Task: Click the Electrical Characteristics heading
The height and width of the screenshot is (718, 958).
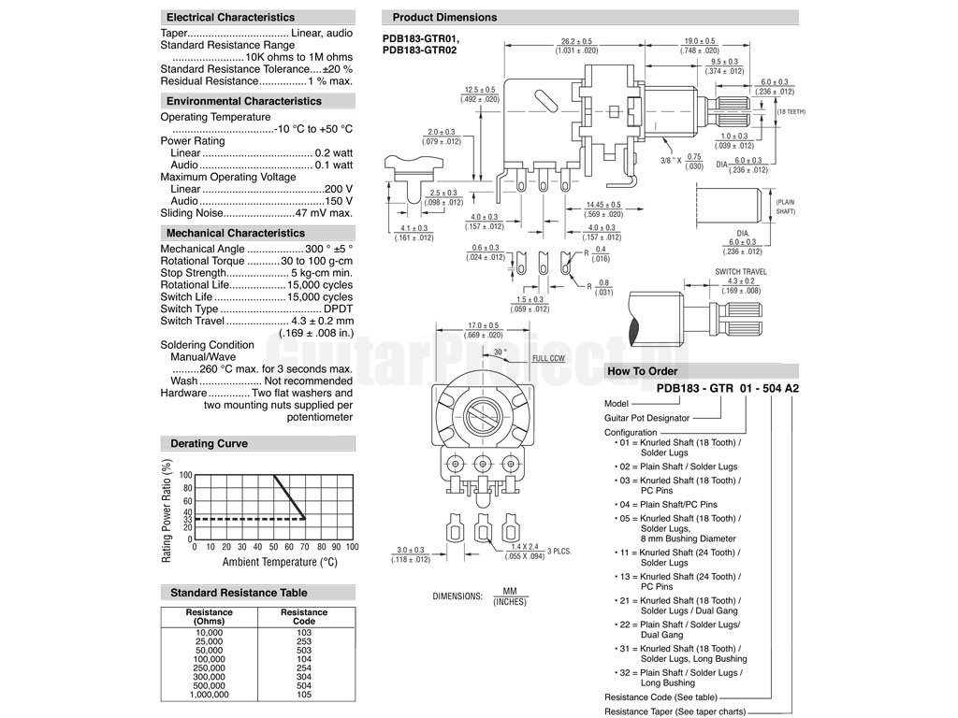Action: click(230, 17)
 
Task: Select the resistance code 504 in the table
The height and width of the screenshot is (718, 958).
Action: click(305, 685)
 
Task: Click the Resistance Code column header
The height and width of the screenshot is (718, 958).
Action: click(305, 617)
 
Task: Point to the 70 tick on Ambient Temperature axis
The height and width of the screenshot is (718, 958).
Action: click(305, 547)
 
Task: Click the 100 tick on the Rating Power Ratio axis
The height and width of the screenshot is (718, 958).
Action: click(186, 475)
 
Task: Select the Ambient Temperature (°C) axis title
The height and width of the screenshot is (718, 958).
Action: click(279, 562)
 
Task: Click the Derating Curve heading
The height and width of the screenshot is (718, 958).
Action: click(210, 443)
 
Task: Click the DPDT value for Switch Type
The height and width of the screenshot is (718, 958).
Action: click(336, 309)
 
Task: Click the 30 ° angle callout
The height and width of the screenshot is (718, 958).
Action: click(500, 352)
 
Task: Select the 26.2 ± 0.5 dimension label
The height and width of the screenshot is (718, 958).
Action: click(576, 41)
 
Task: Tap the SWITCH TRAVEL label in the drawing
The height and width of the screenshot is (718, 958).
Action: click(741, 271)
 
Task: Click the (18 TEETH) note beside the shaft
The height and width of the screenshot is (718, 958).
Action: click(791, 111)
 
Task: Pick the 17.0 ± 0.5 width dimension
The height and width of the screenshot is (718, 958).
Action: click(483, 326)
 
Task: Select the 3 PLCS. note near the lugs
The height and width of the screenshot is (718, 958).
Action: click(559, 551)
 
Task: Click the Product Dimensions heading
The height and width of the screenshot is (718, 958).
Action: click(444, 17)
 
